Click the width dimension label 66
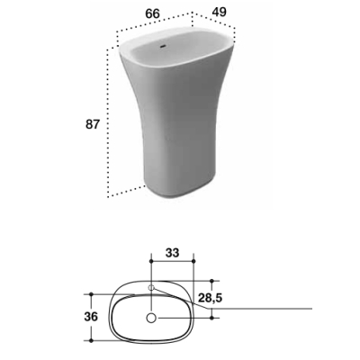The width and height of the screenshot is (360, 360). [x=153, y=13]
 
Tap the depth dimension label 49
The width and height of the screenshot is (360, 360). [x=220, y=12]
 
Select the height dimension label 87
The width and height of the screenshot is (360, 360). [x=92, y=124]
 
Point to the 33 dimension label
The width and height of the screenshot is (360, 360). [x=172, y=253]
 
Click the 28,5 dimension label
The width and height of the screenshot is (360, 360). [x=210, y=298]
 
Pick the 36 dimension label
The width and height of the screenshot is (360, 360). [x=91, y=317]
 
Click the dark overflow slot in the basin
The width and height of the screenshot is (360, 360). [x=163, y=46]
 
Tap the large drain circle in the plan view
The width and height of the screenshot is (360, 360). [x=151, y=318]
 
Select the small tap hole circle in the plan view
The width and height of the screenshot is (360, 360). [x=151, y=287]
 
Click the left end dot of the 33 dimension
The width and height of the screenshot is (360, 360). [x=151, y=262]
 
